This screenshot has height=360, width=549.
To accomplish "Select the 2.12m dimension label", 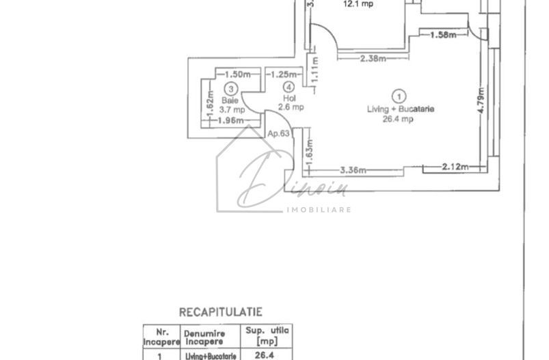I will point(454,166).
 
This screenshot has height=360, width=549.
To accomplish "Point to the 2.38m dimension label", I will point(372,59).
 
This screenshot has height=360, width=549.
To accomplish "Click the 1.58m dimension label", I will point(443,35).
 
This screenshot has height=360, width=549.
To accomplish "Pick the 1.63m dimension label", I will point(310,156).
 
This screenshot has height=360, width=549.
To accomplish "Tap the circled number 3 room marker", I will point(232,88).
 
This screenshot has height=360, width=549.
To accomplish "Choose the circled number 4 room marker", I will point(289,87).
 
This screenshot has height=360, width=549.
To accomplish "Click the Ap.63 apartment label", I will point(277,135).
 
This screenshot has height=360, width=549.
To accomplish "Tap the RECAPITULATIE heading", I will point(220,311).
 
